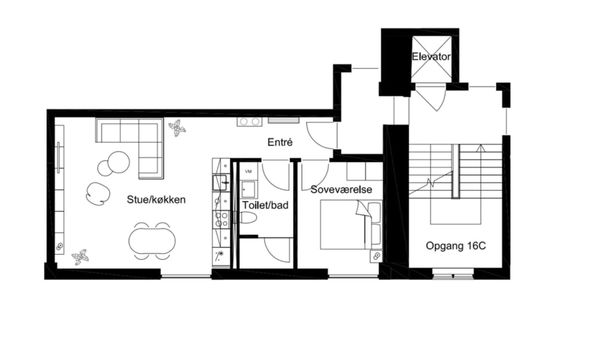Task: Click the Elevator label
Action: (431, 57)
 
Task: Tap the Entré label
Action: (280, 142)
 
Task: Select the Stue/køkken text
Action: (156, 199)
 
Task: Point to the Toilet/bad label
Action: (265, 205)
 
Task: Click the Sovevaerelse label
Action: (341, 189)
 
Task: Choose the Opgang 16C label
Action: (456, 246)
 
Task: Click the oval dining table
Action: (152, 240)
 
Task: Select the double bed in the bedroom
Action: (351, 225)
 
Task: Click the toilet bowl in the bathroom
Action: (248, 218)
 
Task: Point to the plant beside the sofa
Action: (177, 128)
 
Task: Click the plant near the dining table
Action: (80, 257)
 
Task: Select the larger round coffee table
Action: (119, 162)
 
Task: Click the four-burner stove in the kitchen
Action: (222, 220)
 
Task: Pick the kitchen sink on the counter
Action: (221, 182)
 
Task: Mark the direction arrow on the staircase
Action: (481, 149)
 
